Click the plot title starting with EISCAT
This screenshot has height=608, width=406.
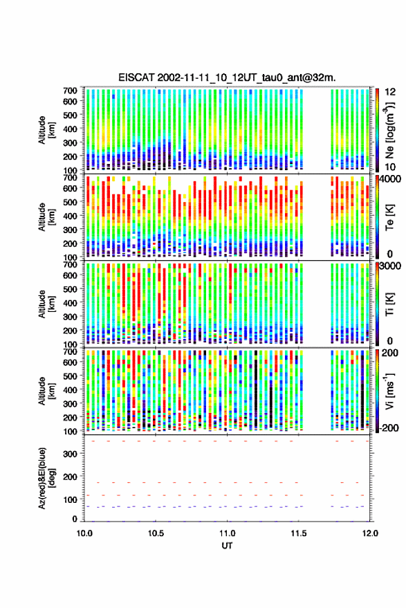pos(227,77)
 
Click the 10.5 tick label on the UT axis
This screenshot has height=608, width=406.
pos(156,533)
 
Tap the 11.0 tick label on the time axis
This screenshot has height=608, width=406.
pos(227,533)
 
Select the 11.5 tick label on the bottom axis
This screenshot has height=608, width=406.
pos(298,533)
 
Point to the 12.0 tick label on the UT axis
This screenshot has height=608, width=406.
pos(370,533)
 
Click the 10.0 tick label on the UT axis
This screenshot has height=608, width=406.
pos(84,533)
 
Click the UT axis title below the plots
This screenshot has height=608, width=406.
pos(227,546)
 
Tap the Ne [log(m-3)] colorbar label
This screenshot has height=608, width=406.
pos(389,129)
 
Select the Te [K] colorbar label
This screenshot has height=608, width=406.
pos(389,217)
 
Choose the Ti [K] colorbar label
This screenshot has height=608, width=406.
pos(389,304)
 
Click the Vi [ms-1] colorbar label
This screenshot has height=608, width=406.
pos(389,391)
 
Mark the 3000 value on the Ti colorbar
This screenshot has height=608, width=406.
pos(391,266)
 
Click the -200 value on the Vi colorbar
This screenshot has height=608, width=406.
pos(389,428)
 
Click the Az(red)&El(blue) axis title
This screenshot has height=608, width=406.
pos(46,479)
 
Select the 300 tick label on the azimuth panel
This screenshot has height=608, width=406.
pos(70,454)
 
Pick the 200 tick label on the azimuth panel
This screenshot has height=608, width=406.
pos(70,477)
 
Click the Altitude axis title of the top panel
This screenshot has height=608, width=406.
pos(46,130)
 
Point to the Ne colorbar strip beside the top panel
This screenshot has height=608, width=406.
pos(377,130)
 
